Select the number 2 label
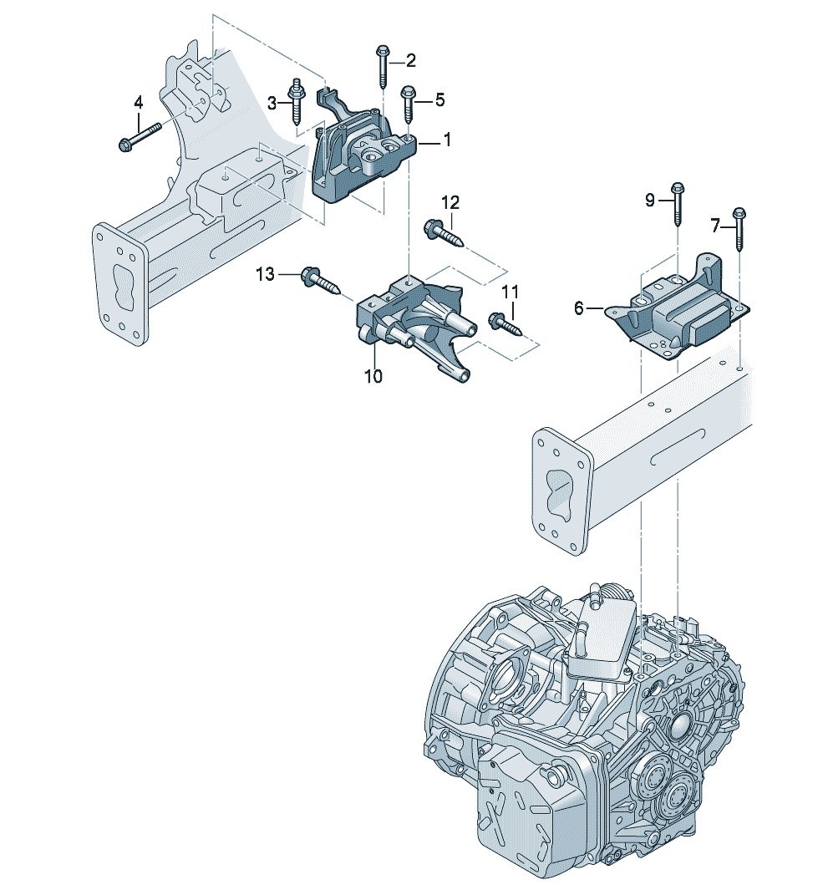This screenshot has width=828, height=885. pyautogui.click(x=410, y=59)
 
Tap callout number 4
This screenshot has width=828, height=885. pyautogui.click(x=139, y=103)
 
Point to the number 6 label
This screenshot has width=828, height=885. pyautogui.click(x=578, y=308)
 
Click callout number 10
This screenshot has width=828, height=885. pyautogui.click(x=373, y=376)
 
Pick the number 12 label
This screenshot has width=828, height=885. pyautogui.click(x=450, y=201)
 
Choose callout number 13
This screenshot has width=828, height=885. pyautogui.click(x=264, y=274)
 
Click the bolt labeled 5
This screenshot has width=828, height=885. pyautogui.click(x=408, y=104)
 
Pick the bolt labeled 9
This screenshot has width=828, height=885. pyautogui.click(x=678, y=204)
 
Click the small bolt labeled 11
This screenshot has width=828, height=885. pyautogui.click(x=501, y=322)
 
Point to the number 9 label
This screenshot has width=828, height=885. pyautogui.click(x=650, y=199)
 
